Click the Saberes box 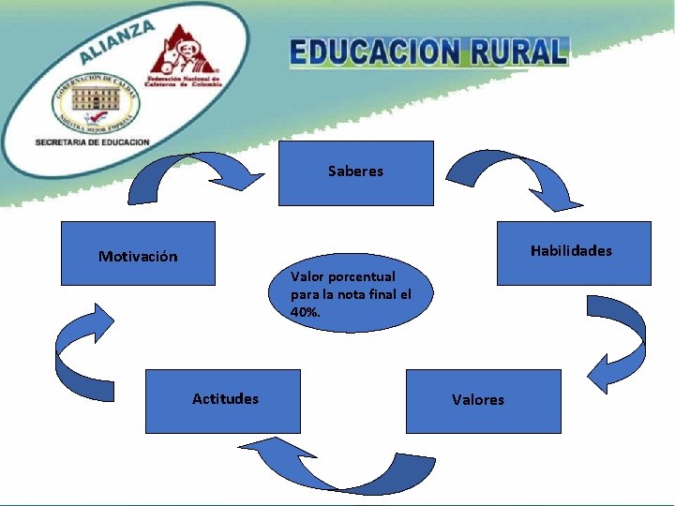[355, 173]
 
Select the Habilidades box [573, 253]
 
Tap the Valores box [483, 400]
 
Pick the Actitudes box [222, 400]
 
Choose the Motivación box [138, 253]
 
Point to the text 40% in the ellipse [306, 312]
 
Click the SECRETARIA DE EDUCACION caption [92, 141]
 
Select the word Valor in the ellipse [307, 276]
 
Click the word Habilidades [570, 250]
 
